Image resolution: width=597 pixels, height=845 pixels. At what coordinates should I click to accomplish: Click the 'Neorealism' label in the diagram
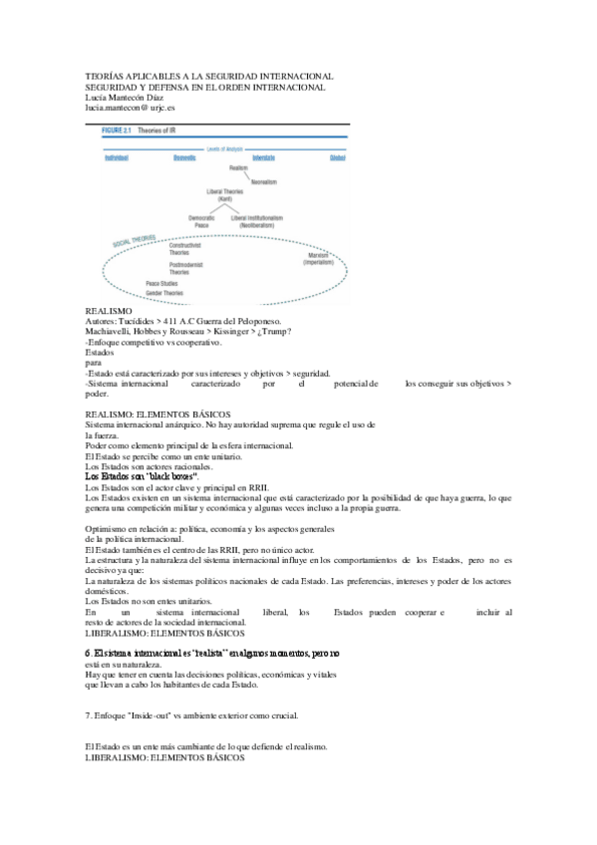tap(263, 181)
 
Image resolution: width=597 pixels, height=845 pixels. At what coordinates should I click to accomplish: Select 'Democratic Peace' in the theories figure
tap(202, 220)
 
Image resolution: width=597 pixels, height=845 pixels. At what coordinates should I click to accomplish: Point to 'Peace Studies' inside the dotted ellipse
tap(161, 284)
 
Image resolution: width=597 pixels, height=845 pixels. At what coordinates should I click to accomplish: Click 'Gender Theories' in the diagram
tap(165, 294)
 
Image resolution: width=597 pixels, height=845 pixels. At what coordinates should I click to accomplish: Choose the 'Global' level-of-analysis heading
tap(339, 157)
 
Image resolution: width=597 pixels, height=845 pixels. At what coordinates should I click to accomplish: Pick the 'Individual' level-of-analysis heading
tap(120, 157)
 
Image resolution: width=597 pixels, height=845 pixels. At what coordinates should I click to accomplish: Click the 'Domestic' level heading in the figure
tap(185, 157)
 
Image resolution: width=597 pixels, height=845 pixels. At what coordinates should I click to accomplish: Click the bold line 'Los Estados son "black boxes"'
tap(143, 476)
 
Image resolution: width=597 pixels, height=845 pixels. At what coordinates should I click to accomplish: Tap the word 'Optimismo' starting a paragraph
tap(107, 527)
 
